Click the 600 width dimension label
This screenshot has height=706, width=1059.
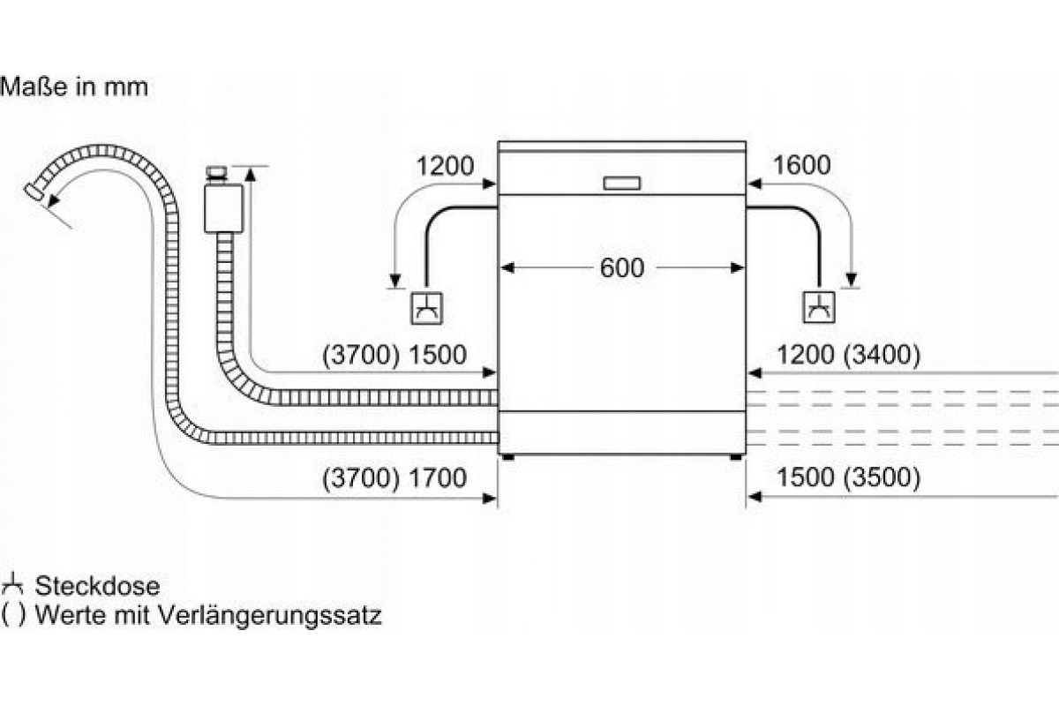pos(621,267)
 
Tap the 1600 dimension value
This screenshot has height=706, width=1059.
pos(802,165)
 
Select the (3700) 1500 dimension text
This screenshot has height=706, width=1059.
pos(394,355)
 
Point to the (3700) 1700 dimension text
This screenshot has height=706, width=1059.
pos(394,477)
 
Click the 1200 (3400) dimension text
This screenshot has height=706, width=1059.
pos(849,355)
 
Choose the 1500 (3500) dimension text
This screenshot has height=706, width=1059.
pos(849,477)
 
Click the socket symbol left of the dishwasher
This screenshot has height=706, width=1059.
pos(426,308)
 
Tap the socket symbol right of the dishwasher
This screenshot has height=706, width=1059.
pos(819,307)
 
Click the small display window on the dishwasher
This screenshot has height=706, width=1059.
pos(621,184)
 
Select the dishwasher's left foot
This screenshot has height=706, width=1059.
pos(508,457)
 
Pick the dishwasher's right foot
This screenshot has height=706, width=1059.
pos(736,457)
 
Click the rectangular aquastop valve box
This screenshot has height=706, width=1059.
pos(223,208)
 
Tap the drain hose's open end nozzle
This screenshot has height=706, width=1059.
pos(34,192)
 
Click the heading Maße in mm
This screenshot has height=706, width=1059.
pos(74,87)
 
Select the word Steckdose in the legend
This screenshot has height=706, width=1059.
pos(97,586)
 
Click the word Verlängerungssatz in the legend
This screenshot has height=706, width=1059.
pos(269,616)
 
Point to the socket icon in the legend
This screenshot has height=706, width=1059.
pos(11,585)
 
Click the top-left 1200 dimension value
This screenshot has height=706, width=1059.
pos(445,166)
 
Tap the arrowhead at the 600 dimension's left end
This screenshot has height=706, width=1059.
pos(507,268)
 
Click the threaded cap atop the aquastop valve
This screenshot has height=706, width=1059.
pos(217,173)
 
